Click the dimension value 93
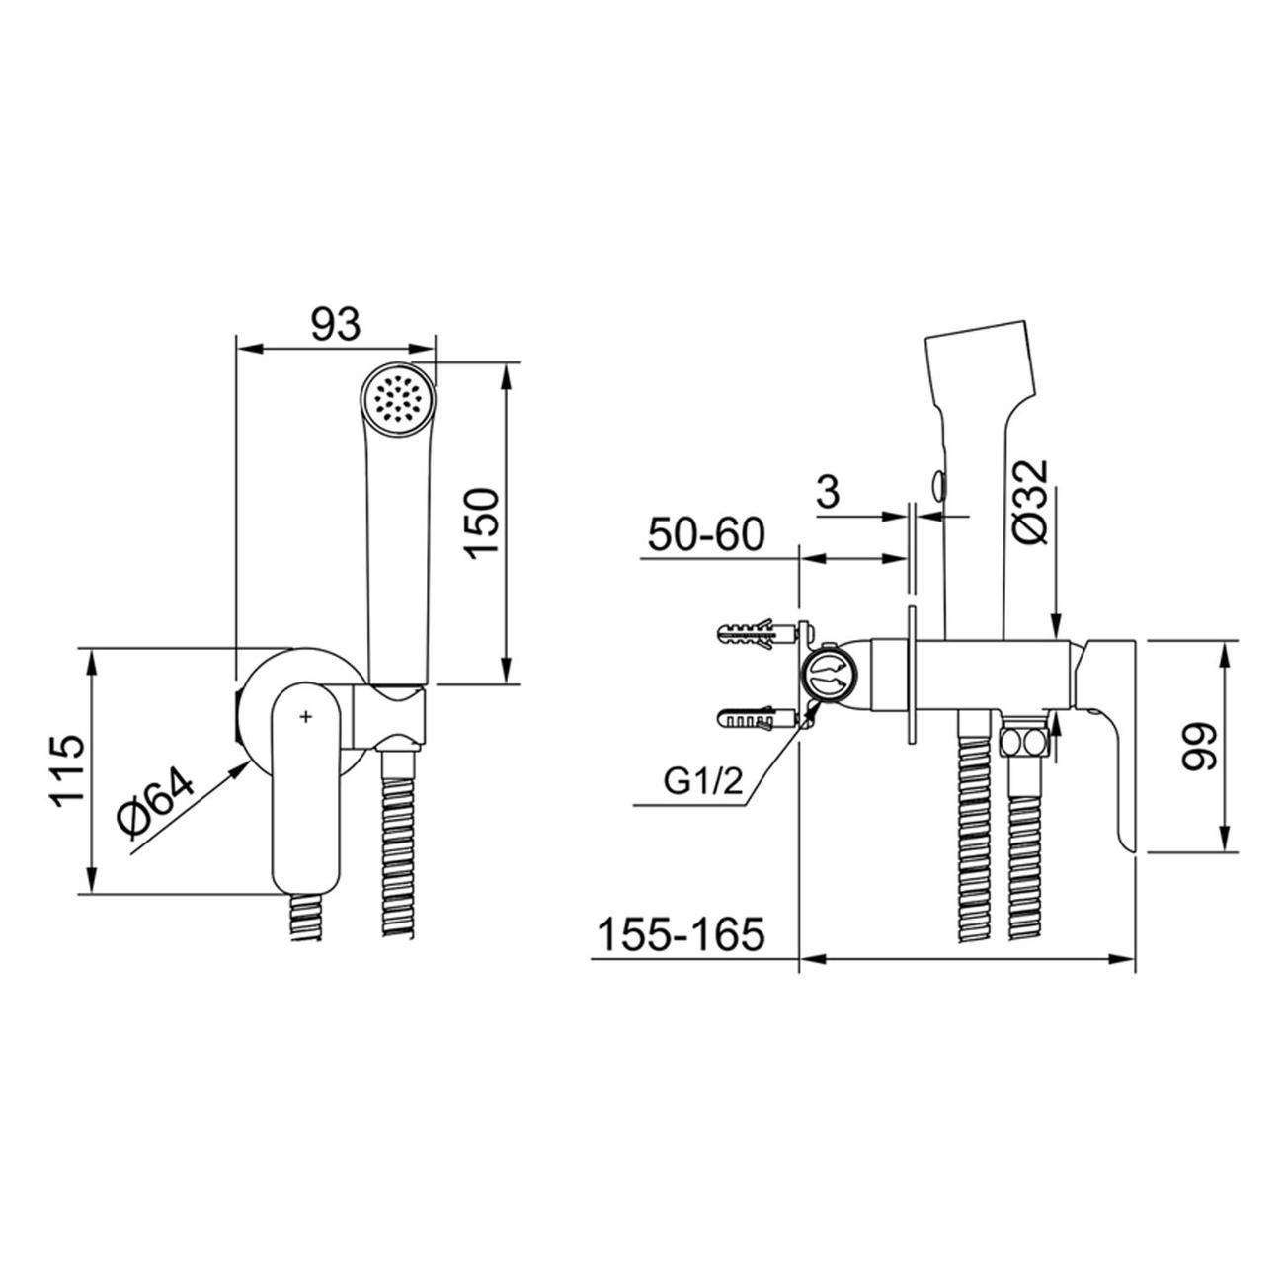click(336, 325)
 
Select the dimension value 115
click(68, 772)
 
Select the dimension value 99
click(1197, 747)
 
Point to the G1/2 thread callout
click(703, 782)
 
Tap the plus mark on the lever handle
click(306, 716)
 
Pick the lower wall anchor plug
click(756, 720)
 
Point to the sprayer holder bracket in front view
click(388, 718)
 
